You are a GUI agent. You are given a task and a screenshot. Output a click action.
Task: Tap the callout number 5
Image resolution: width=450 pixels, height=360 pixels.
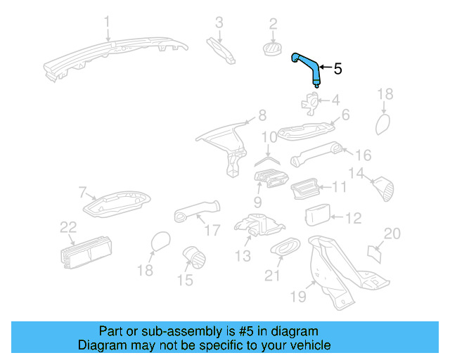[x=337, y=69]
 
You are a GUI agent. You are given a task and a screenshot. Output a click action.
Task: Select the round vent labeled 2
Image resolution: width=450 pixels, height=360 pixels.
[x=271, y=48]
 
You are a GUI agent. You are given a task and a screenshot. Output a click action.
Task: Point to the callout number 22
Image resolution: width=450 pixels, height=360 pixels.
[x=67, y=226]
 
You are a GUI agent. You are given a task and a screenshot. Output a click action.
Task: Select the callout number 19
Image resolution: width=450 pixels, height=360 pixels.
[x=298, y=297]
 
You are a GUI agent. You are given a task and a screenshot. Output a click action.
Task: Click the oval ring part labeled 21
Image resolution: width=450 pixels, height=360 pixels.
[x=285, y=247]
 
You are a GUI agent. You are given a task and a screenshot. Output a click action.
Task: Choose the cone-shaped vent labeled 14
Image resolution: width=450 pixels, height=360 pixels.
[x=383, y=188]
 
